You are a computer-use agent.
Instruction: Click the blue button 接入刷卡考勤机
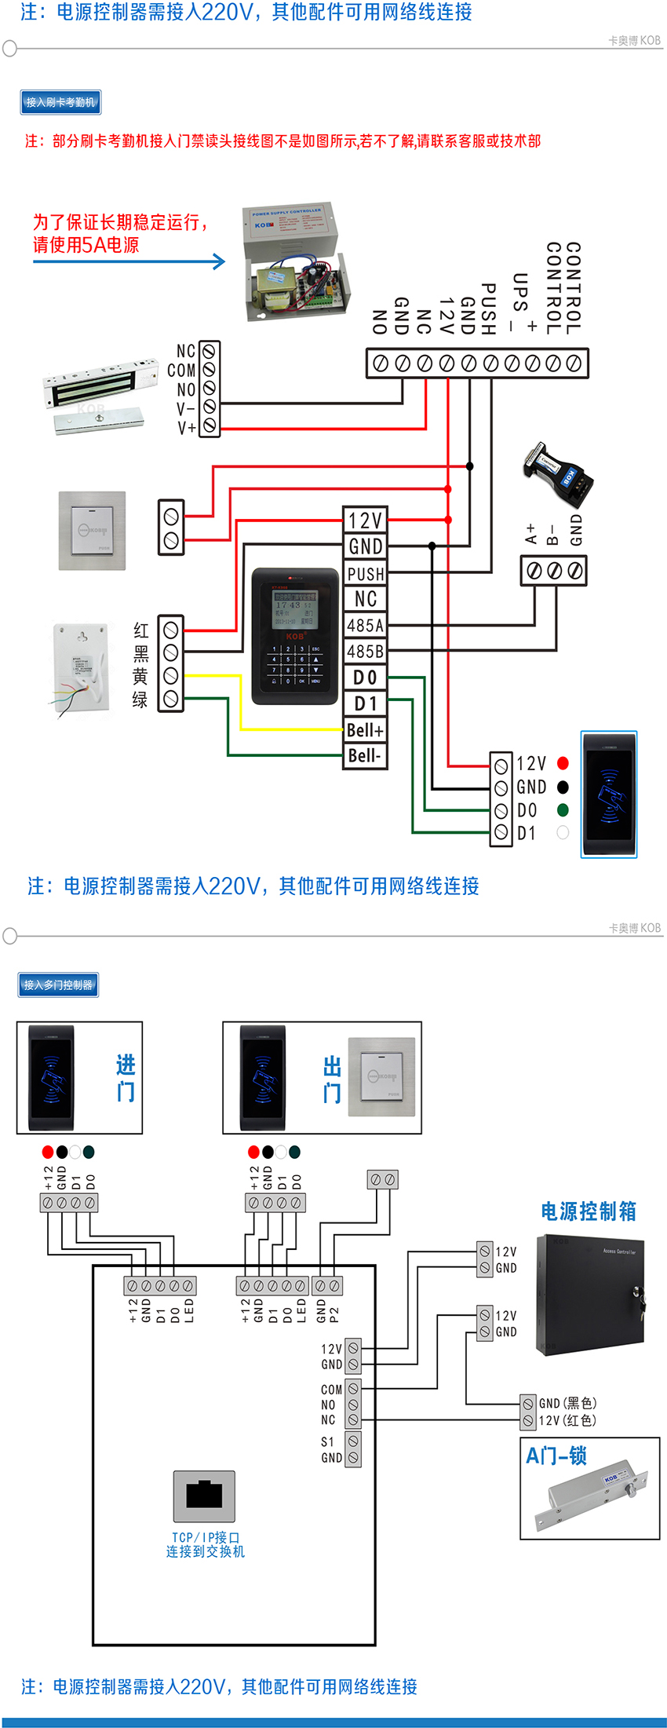click(x=60, y=102)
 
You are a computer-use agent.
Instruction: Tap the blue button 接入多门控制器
click(x=58, y=985)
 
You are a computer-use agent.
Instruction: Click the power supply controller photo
click(x=296, y=261)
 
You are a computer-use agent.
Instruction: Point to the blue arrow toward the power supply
click(x=129, y=261)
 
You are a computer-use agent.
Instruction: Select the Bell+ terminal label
click(x=366, y=730)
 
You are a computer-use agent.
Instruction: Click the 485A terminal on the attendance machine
click(x=366, y=626)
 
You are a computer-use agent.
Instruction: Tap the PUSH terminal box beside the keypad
click(x=366, y=574)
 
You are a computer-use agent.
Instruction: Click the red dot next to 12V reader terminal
click(x=563, y=763)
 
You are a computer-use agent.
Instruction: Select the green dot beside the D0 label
click(x=563, y=809)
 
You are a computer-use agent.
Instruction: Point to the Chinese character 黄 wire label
click(x=140, y=676)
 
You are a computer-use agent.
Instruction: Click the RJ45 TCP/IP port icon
click(x=205, y=1496)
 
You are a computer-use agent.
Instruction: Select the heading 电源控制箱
click(x=589, y=1211)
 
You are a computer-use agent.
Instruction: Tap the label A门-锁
click(x=556, y=1456)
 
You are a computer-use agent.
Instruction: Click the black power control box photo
click(x=590, y=1294)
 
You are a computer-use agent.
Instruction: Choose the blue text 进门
click(x=126, y=1078)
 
